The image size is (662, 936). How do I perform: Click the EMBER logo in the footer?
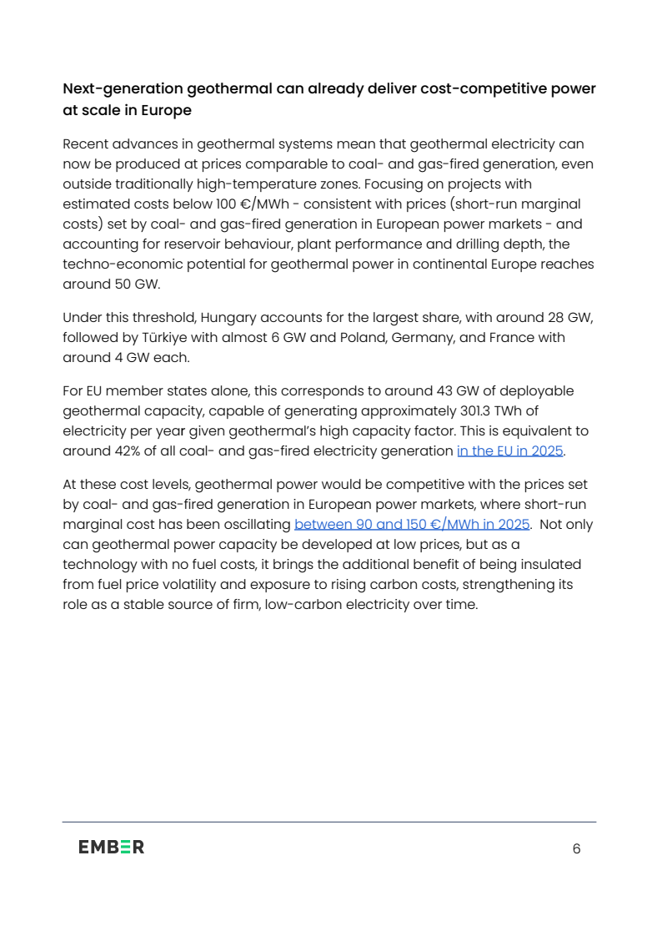pos(111,847)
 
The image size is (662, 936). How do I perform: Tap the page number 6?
pos(576,848)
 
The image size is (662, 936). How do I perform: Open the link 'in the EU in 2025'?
pos(510,451)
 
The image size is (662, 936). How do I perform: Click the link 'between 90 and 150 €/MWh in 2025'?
pos(412,525)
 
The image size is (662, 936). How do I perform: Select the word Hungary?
pos(228,317)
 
